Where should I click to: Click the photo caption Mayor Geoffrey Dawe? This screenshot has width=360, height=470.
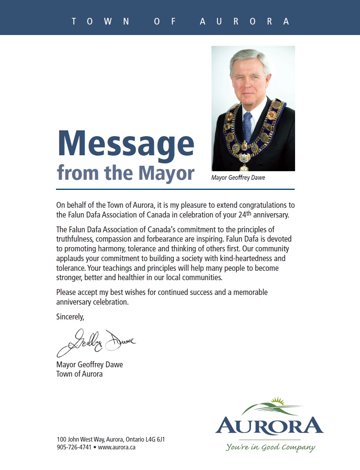238,178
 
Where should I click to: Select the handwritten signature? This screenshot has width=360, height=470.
96,342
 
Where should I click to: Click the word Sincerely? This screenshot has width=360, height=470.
70,317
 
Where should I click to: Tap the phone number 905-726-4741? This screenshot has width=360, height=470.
74,447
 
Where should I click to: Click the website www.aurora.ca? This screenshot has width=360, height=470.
117,447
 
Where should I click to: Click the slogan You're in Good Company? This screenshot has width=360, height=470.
271,447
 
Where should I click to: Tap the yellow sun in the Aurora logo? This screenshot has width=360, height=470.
277,400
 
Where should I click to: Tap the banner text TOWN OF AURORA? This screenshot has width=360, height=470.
180,21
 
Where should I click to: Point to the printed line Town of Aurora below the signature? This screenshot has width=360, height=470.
79,374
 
